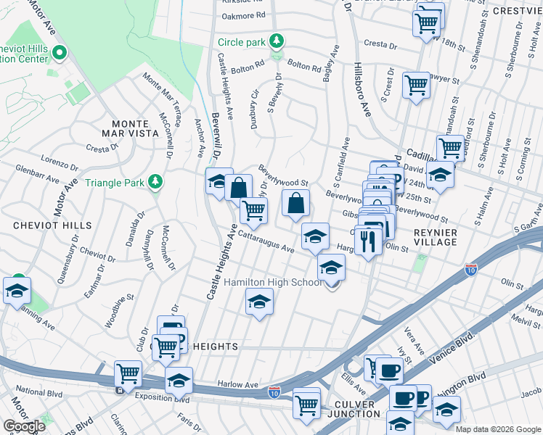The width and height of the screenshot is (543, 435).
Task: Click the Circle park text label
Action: [242, 42]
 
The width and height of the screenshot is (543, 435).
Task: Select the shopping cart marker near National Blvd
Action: [128, 375]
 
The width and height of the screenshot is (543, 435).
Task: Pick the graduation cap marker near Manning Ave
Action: [16, 291]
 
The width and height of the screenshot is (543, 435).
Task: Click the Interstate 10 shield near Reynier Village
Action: [470, 270]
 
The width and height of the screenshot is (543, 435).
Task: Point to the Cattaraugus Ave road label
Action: [265, 243]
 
